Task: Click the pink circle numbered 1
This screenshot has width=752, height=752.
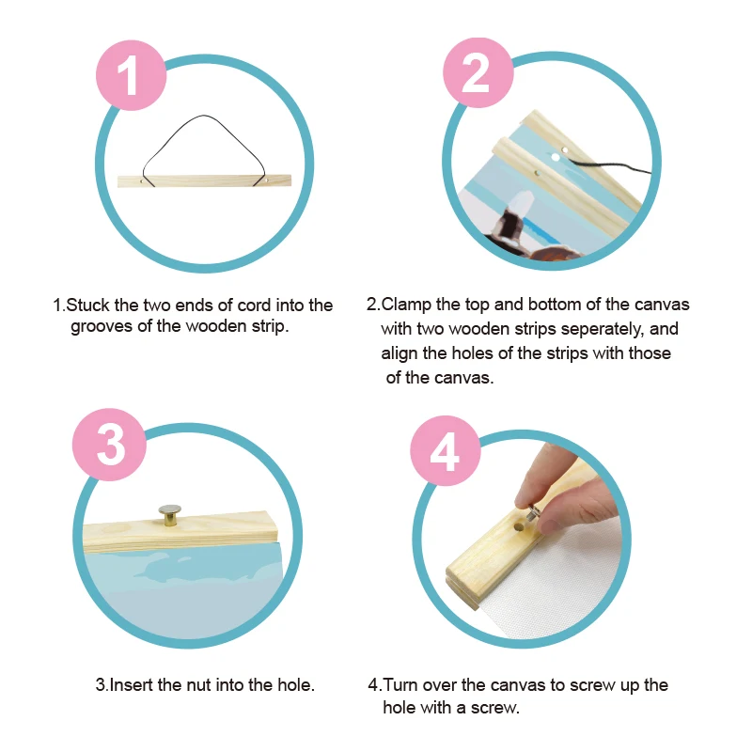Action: tap(131, 76)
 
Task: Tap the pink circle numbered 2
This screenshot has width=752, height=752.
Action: tap(478, 72)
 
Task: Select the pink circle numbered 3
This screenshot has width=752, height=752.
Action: tap(109, 445)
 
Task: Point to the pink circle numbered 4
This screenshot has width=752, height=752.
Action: tap(446, 451)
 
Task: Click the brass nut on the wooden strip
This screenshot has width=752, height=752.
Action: tap(169, 515)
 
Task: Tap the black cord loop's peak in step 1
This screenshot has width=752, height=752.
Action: tap(204, 116)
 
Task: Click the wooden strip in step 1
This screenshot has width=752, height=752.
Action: tap(204, 180)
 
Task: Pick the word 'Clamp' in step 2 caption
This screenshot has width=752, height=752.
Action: tap(406, 305)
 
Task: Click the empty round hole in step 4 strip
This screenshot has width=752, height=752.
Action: tap(519, 526)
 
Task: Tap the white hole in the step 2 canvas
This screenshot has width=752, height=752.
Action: tap(556, 157)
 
